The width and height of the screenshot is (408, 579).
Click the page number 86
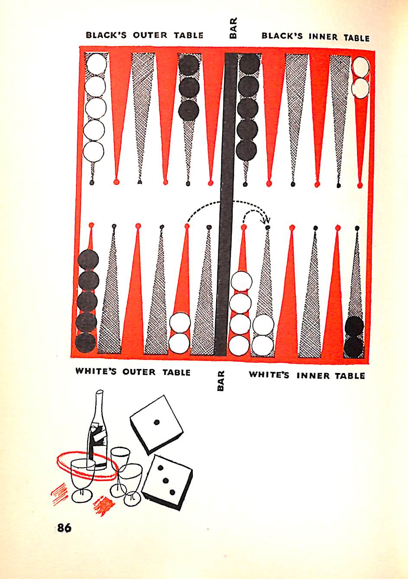64,528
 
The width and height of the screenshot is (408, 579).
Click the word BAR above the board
233,29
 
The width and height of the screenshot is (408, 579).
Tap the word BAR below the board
221,381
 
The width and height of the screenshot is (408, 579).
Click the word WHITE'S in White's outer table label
96,371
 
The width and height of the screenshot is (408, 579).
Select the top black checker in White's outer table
88,260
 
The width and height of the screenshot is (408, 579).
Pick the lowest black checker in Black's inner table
247,149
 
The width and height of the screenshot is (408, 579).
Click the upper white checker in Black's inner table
360,66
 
